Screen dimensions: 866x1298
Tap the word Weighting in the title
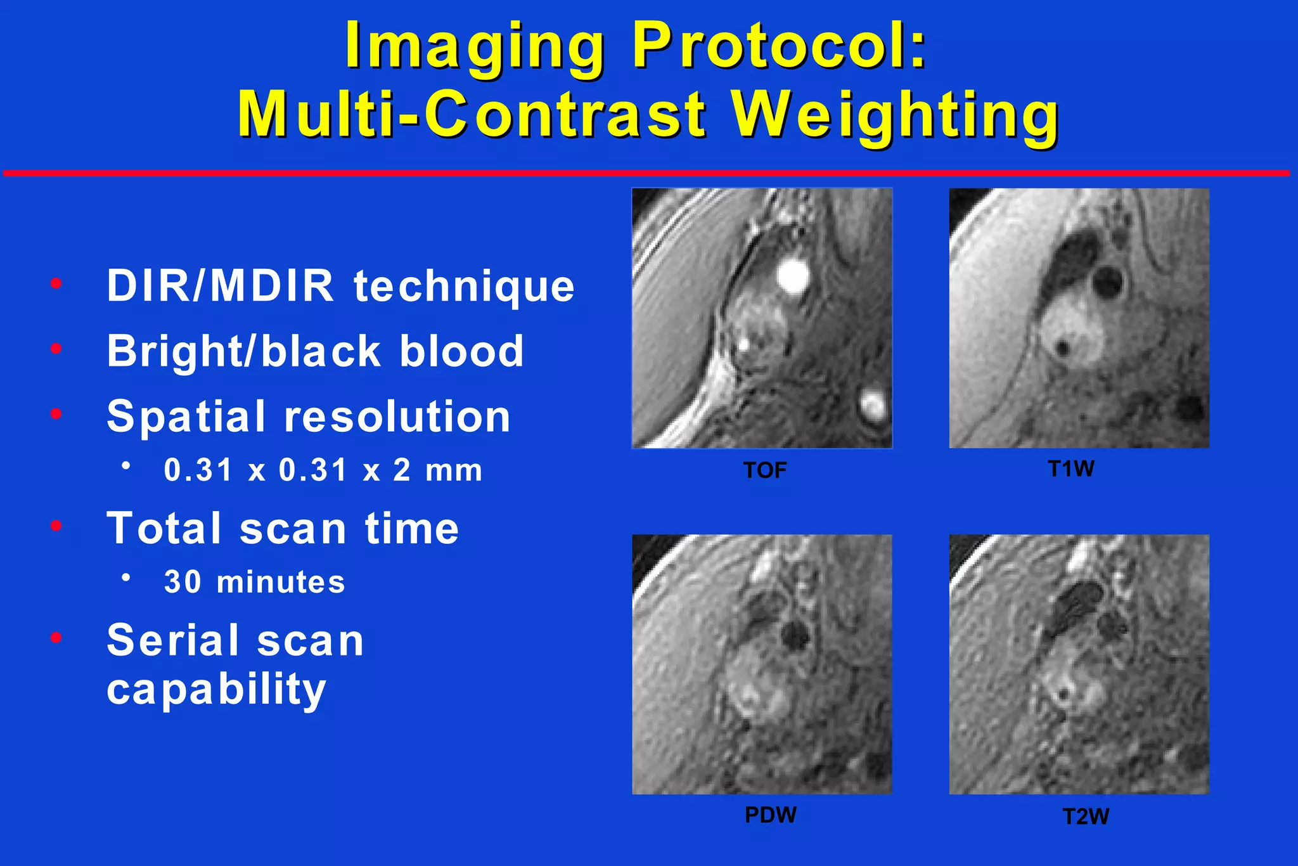point(895,114)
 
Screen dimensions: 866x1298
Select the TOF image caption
point(765,470)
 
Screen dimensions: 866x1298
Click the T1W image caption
point(1071,469)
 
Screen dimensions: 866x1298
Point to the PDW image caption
point(770,815)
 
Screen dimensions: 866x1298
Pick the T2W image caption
point(1086,817)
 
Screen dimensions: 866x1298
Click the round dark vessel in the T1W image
point(1108,282)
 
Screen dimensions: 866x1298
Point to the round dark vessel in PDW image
point(794,634)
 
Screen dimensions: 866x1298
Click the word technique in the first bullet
point(464,287)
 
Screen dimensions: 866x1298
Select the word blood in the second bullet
point(461,351)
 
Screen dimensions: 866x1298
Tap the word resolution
point(397,417)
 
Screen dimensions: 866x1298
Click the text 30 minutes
point(254,582)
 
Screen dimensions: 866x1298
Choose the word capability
point(216,690)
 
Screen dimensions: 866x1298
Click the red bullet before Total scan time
point(56,526)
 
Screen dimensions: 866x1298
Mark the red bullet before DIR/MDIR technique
point(56,283)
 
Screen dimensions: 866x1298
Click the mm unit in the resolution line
point(454,471)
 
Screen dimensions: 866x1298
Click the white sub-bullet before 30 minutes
point(126,578)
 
